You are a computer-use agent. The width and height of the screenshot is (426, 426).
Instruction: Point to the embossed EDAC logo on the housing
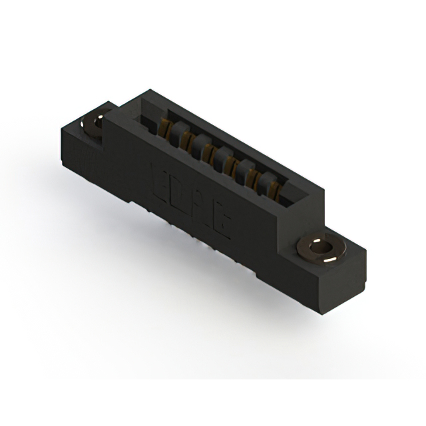(193, 200)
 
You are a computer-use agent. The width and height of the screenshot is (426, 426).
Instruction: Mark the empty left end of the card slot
(148, 120)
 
